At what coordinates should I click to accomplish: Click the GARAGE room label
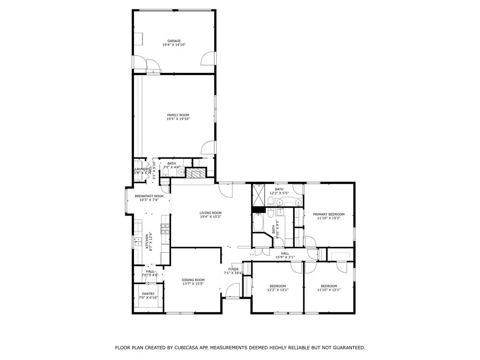click(x=174, y=41)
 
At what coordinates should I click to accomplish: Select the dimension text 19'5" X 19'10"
click(x=178, y=119)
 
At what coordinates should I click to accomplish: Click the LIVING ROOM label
click(x=210, y=213)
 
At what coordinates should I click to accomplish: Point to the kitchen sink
click(x=138, y=241)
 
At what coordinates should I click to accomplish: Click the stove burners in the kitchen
click(x=165, y=229)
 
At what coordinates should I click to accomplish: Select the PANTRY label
click(x=148, y=294)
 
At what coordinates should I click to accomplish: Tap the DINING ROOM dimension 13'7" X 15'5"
click(x=193, y=284)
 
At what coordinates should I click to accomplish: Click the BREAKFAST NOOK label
click(x=149, y=196)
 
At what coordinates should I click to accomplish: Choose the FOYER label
click(x=233, y=269)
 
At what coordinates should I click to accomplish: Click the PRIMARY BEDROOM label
click(x=329, y=214)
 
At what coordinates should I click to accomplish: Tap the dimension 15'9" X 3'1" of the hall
click(x=285, y=257)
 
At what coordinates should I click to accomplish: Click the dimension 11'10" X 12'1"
click(x=329, y=290)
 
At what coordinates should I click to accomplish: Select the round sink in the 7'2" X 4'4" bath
click(x=181, y=172)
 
